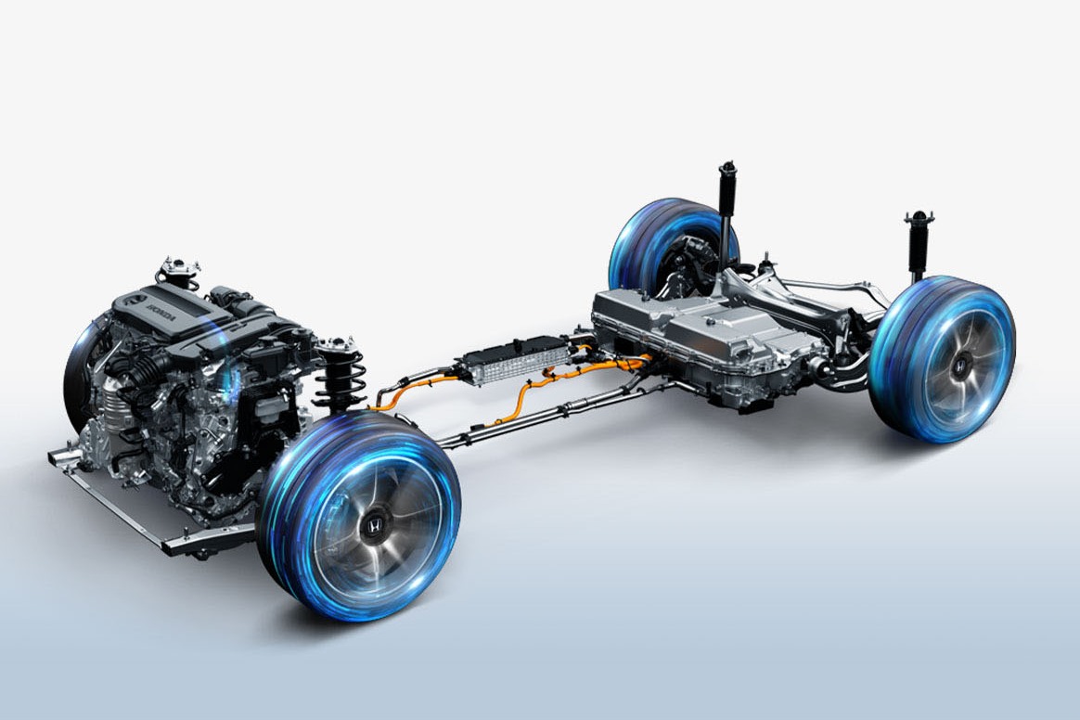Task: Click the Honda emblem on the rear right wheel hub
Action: (958, 367)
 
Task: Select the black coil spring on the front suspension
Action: (339, 379)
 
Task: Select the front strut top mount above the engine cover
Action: (179, 270)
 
